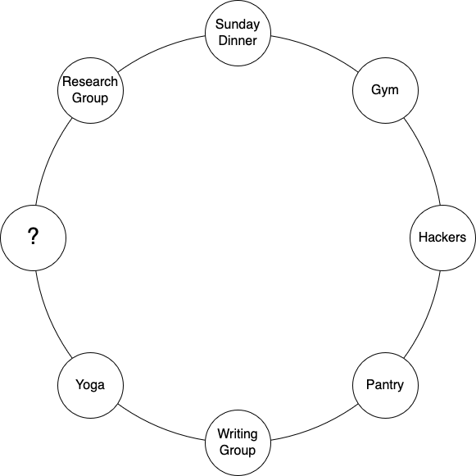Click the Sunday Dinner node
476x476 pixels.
[x=238, y=33]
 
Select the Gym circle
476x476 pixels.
[x=385, y=90]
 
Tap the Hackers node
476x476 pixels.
[x=442, y=238]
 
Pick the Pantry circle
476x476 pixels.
[x=385, y=385]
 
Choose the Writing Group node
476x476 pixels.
[x=238, y=442]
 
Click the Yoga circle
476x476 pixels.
[x=90, y=385]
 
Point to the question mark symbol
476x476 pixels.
[x=33, y=237]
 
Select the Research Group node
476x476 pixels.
[x=90, y=90]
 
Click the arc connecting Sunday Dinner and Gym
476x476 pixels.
[x=316, y=49]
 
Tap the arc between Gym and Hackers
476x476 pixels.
[x=427, y=159]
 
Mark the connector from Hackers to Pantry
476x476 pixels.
[x=427, y=316]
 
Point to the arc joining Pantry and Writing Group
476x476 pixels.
[x=316, y=427]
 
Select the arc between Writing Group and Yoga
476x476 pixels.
[x=159, y=427]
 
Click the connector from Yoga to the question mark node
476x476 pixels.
[x=49, y=316]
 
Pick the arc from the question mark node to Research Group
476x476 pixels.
[x=49, y=159]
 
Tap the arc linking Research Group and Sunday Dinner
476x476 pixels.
[x=159, y=49]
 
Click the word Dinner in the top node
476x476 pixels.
[x=238, y=41]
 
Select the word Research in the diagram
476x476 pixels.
[x=90, y=82]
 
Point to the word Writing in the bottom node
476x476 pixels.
[x=238, y=434]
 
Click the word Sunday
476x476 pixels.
[x=238, y=25]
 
